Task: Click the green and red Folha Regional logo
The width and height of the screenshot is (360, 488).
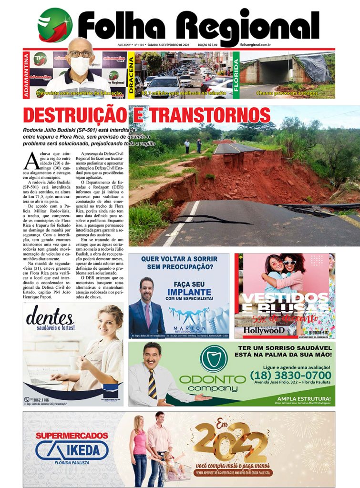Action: [55, 25]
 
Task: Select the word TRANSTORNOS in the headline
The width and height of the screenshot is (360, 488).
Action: [212, 115]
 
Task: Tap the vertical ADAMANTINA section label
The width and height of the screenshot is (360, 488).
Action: [27, 75]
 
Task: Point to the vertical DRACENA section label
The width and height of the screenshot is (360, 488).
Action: [131, 75]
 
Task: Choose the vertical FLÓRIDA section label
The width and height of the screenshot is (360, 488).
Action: [236, 75]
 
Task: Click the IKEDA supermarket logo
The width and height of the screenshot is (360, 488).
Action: [72, 449]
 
